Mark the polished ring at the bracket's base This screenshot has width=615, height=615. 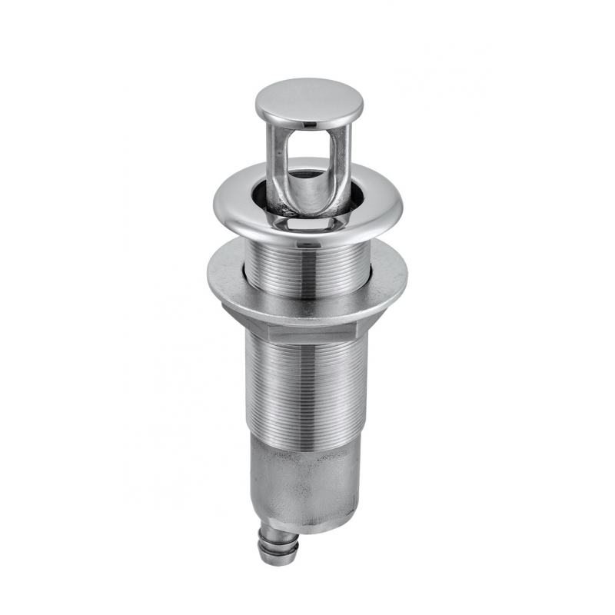[307, 222]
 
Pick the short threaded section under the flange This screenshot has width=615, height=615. [307, 269]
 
